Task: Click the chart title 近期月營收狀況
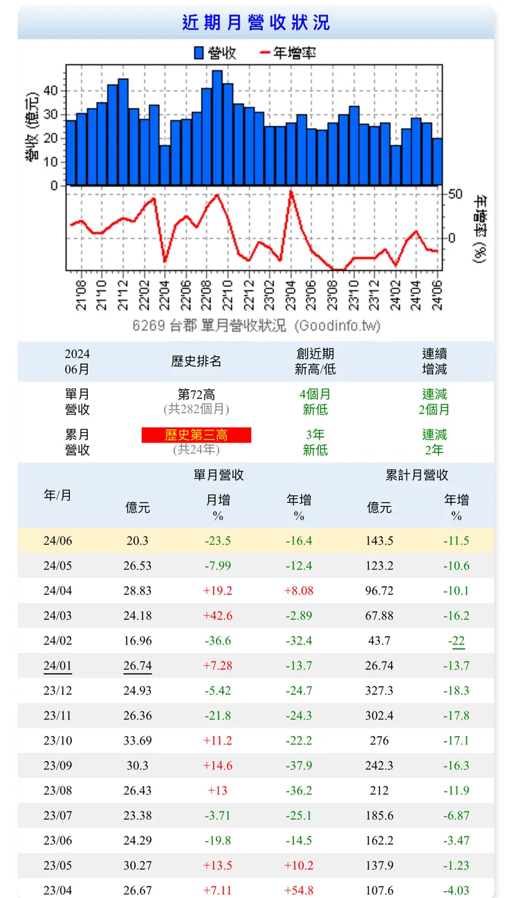point(256,23)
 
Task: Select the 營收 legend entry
point(215,53)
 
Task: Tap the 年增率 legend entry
point(287,53)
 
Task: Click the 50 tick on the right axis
point(455,194)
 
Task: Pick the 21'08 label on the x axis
point(82,294)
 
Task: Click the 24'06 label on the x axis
point(437,294)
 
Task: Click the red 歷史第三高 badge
point(196,435)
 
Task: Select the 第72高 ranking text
point(196,394)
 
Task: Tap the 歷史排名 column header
point(196,361)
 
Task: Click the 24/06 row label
point(57,541)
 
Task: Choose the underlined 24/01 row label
point(57,666)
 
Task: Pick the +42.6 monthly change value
point(218,615)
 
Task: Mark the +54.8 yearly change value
point(299,890)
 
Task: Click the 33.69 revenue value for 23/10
point(138,740)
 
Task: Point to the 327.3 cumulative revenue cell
point(379,691)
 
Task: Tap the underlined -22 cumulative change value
point(457,641)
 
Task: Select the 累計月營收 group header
point(417,475)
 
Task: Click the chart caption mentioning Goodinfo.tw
point(256,326)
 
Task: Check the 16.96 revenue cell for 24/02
point(138,641)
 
